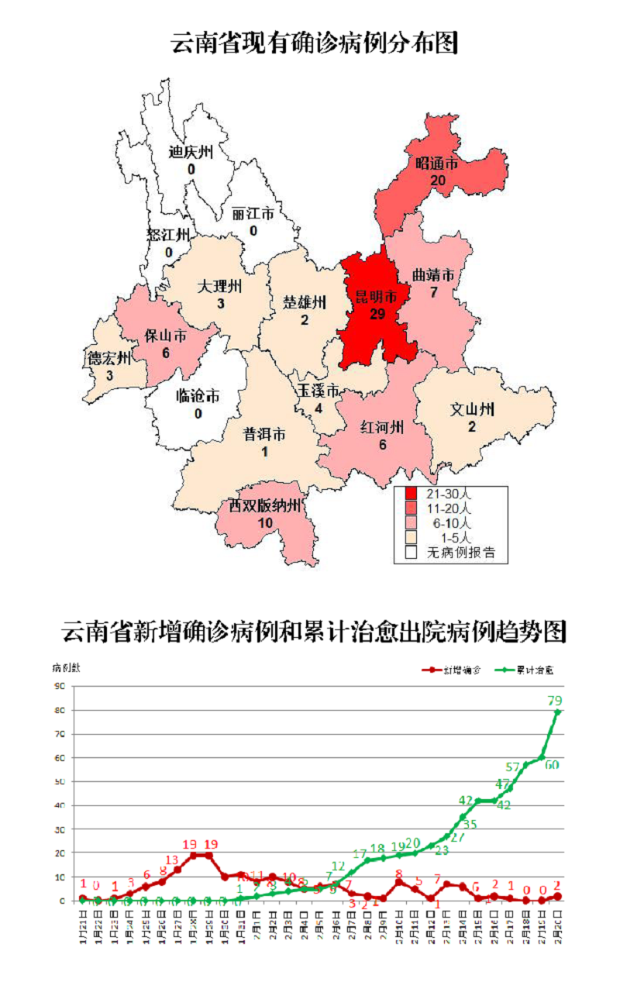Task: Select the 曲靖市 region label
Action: click(x=432, y=275)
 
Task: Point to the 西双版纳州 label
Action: click(x=264, y=506)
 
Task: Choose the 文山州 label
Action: click(x=472, y=409)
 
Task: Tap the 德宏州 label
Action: click(x=108, y=358)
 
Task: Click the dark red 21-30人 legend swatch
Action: click(x=412, y=494)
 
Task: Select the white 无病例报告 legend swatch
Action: click(x=412, y=553)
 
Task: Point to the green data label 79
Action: click(x=555, y=701)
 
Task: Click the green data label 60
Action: click(x=552, y=765)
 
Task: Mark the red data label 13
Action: click(x=172, y=860)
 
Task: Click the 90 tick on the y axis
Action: click(x=59, y=687)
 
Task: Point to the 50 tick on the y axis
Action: click(x=59, y=782)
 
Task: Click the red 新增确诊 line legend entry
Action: click(x=453, y=670)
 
